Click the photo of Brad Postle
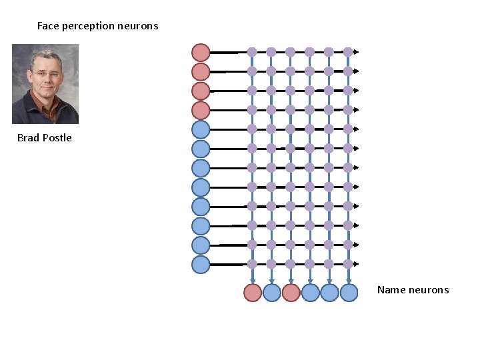45,84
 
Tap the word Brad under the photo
28,138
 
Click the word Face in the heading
48,26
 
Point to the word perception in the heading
87,26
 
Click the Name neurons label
413,289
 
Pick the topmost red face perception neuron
201,52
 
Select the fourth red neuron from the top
201,110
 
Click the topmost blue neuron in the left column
201,129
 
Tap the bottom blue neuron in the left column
201,265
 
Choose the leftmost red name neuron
252,293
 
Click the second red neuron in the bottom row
291,293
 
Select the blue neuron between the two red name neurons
271,293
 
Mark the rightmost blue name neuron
349,293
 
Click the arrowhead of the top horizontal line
356,52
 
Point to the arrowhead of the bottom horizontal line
356,265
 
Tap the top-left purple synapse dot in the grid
252,51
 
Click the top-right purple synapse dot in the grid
348,51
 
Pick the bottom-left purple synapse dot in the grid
252,263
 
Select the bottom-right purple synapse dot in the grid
348,263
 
